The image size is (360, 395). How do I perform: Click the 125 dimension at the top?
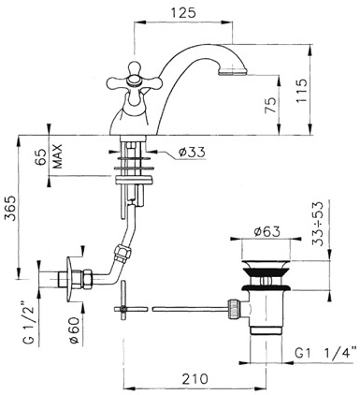pyautogui.click(x=183, y=13)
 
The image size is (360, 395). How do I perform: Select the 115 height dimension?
pyautogui.click(x=301, y=91)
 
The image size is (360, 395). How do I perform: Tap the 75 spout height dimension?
pyautogui.click(x=270, y=105)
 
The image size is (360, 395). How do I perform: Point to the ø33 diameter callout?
pyautogui.click(x=192, y=153)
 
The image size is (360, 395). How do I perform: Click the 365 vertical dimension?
pyautogui.click(x=10, y=208)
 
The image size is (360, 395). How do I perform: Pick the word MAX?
pyautogui.click(x=58, y=156)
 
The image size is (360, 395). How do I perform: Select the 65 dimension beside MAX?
pyautogui.click(x=43, y=156)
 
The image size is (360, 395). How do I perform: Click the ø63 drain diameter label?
pyautogui.click(x=266, y=231)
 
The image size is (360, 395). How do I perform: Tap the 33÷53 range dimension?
pyautogui.click(x=318, y=224)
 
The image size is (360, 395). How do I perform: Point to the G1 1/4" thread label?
pyautogui.click(x=325, y=354)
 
